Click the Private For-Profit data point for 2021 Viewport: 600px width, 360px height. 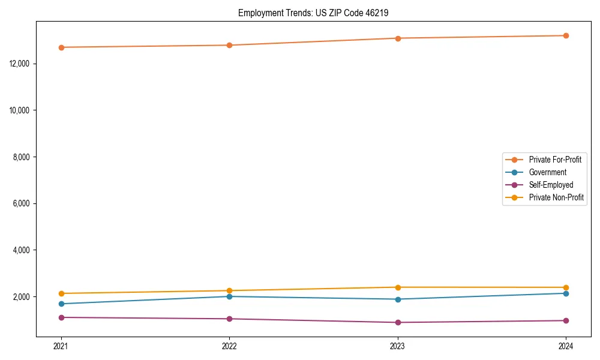pos(61,47)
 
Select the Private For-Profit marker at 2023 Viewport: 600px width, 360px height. pos(398,38)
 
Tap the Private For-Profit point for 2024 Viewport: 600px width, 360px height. pos(566,36)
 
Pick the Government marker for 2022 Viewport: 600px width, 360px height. pos(229,296)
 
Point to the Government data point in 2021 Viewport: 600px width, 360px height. pos(61,304)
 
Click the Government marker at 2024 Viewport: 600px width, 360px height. pos(566,293)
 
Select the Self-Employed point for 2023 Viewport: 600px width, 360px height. pos(398,322)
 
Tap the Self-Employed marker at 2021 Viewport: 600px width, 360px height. pos(61,317)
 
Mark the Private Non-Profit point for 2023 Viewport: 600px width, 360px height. pos(398,287)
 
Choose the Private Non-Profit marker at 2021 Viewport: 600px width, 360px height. pos(61,293)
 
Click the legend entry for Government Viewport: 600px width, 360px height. pos(547,172)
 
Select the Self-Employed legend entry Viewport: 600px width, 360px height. pos(551,185)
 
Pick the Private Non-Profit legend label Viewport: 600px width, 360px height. pos(556,197)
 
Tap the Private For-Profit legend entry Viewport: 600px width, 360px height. pos(555,160)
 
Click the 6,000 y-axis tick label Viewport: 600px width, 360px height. pos(22,203)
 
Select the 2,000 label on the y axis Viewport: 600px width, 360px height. pos(22,297)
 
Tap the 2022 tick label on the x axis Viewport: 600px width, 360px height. pos(229,346)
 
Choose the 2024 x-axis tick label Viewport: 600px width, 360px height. pos(566,346)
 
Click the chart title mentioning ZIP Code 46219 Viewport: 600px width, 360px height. pos(313,13)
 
